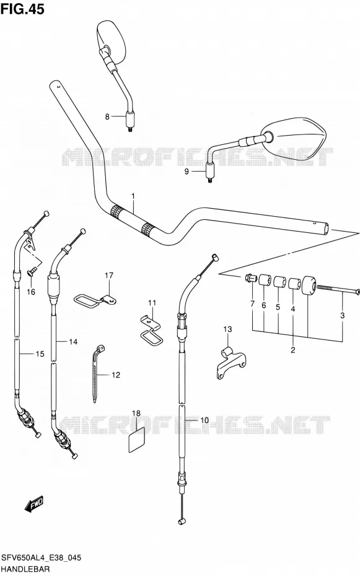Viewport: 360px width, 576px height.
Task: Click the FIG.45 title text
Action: point(22,9)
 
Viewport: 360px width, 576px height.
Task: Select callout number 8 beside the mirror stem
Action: point(107,117)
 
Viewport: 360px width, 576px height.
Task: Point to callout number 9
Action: point(187,172)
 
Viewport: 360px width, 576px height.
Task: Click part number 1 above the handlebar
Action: point(133,196)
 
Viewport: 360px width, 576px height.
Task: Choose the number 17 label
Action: point(109,275)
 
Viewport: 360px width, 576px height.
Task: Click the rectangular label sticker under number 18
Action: point(136,440)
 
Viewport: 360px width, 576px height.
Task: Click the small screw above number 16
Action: point(31,272)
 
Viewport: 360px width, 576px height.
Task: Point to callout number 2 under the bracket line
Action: point(293,350)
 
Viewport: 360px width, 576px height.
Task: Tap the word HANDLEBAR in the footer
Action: point(25,569)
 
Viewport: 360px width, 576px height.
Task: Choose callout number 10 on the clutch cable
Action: point(204,420)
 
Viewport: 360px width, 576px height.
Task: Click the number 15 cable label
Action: point(40,354)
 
